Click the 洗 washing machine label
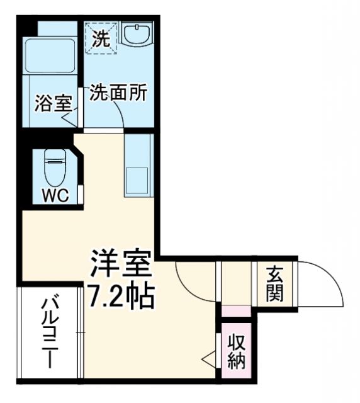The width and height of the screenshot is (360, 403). click(x=101, y=39)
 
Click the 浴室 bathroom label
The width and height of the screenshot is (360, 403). click(x=53, y=103)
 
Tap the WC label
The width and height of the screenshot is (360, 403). click(x=55, y=195)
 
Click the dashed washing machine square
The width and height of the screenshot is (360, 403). click(x=101, y=37)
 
